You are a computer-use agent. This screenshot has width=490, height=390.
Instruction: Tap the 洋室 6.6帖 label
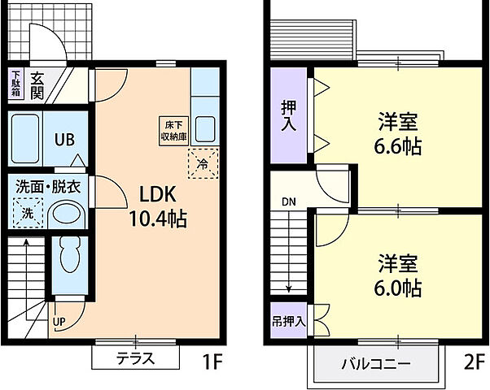coord(398,135)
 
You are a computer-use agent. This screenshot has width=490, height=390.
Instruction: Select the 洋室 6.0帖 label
coord(398,275)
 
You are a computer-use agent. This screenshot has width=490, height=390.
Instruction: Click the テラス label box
coord(135,358)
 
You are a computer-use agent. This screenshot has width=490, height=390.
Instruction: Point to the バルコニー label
coord(375,362)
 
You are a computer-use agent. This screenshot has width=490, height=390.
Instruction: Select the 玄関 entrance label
coord(37,84)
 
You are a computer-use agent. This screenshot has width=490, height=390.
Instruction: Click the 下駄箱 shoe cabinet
coord(15,84)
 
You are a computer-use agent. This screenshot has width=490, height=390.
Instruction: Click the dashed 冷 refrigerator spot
coord(203,164)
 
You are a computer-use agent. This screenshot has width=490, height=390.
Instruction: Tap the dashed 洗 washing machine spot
coord(28,214)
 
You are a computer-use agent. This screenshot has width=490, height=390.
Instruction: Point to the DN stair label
coord(290,201)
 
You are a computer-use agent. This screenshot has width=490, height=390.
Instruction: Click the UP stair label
coord(60,322)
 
